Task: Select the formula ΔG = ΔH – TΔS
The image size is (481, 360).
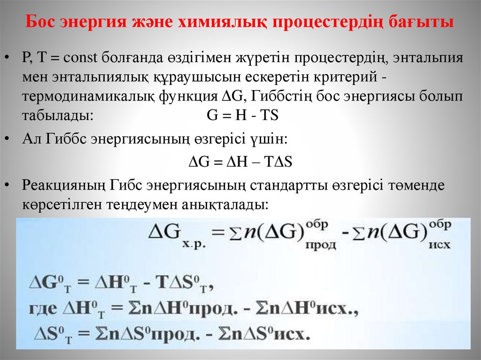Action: point(240,161)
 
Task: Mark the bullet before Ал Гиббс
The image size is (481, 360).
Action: point(8,139)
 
